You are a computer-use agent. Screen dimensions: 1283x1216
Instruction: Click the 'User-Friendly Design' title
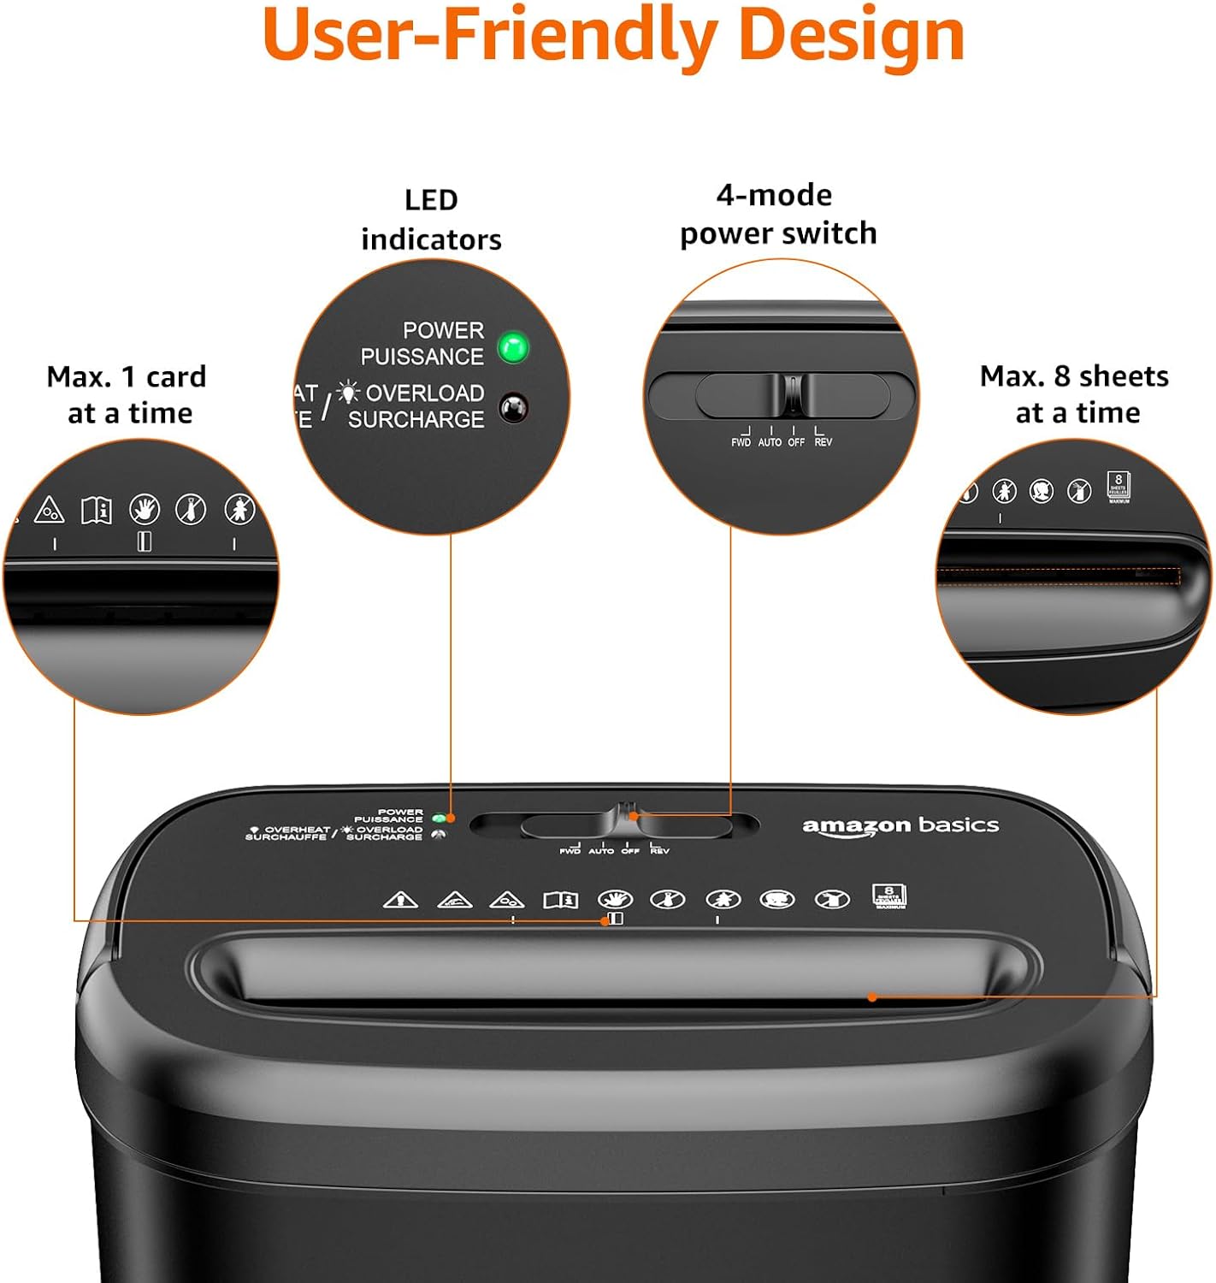(x=613, y=36)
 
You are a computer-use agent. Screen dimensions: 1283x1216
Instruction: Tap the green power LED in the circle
(x=513, y=347)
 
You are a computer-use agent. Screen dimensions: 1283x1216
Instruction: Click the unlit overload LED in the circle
(x=513, y=408)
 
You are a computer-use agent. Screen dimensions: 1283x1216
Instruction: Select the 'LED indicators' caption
(x=431, y=220)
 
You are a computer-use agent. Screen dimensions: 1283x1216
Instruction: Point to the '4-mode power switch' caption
(x=777, y=214)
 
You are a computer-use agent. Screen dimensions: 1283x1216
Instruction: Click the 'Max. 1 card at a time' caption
(x=127, y=394)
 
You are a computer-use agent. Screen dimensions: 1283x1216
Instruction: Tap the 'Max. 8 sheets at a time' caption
(x=1075, y=394)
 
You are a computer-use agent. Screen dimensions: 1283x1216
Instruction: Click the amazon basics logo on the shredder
(x=900, y=825)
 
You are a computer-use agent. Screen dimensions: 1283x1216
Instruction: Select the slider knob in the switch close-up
(x=794, y=394)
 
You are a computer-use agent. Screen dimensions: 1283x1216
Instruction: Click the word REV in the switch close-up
(x=823, y=442)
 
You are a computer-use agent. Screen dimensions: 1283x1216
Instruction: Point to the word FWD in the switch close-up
(x=741, y=442)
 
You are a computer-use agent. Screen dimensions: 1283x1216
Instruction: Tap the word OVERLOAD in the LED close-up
(x=425, y=393)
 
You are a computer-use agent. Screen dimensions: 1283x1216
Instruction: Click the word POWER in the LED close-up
(x=443, y=330)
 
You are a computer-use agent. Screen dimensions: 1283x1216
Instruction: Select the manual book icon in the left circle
(x=96, y=511)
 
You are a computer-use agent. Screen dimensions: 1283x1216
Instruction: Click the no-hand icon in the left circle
(x=145, y=509)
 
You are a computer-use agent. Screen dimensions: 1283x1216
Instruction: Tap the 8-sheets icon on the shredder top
(x=889, y=896)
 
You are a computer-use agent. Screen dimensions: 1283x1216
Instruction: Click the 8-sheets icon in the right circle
(x=1119, y=485)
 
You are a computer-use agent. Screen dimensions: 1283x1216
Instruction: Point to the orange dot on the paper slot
(x=872, y=996)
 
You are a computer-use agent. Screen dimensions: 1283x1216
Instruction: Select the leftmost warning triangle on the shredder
(x=400, y=900)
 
